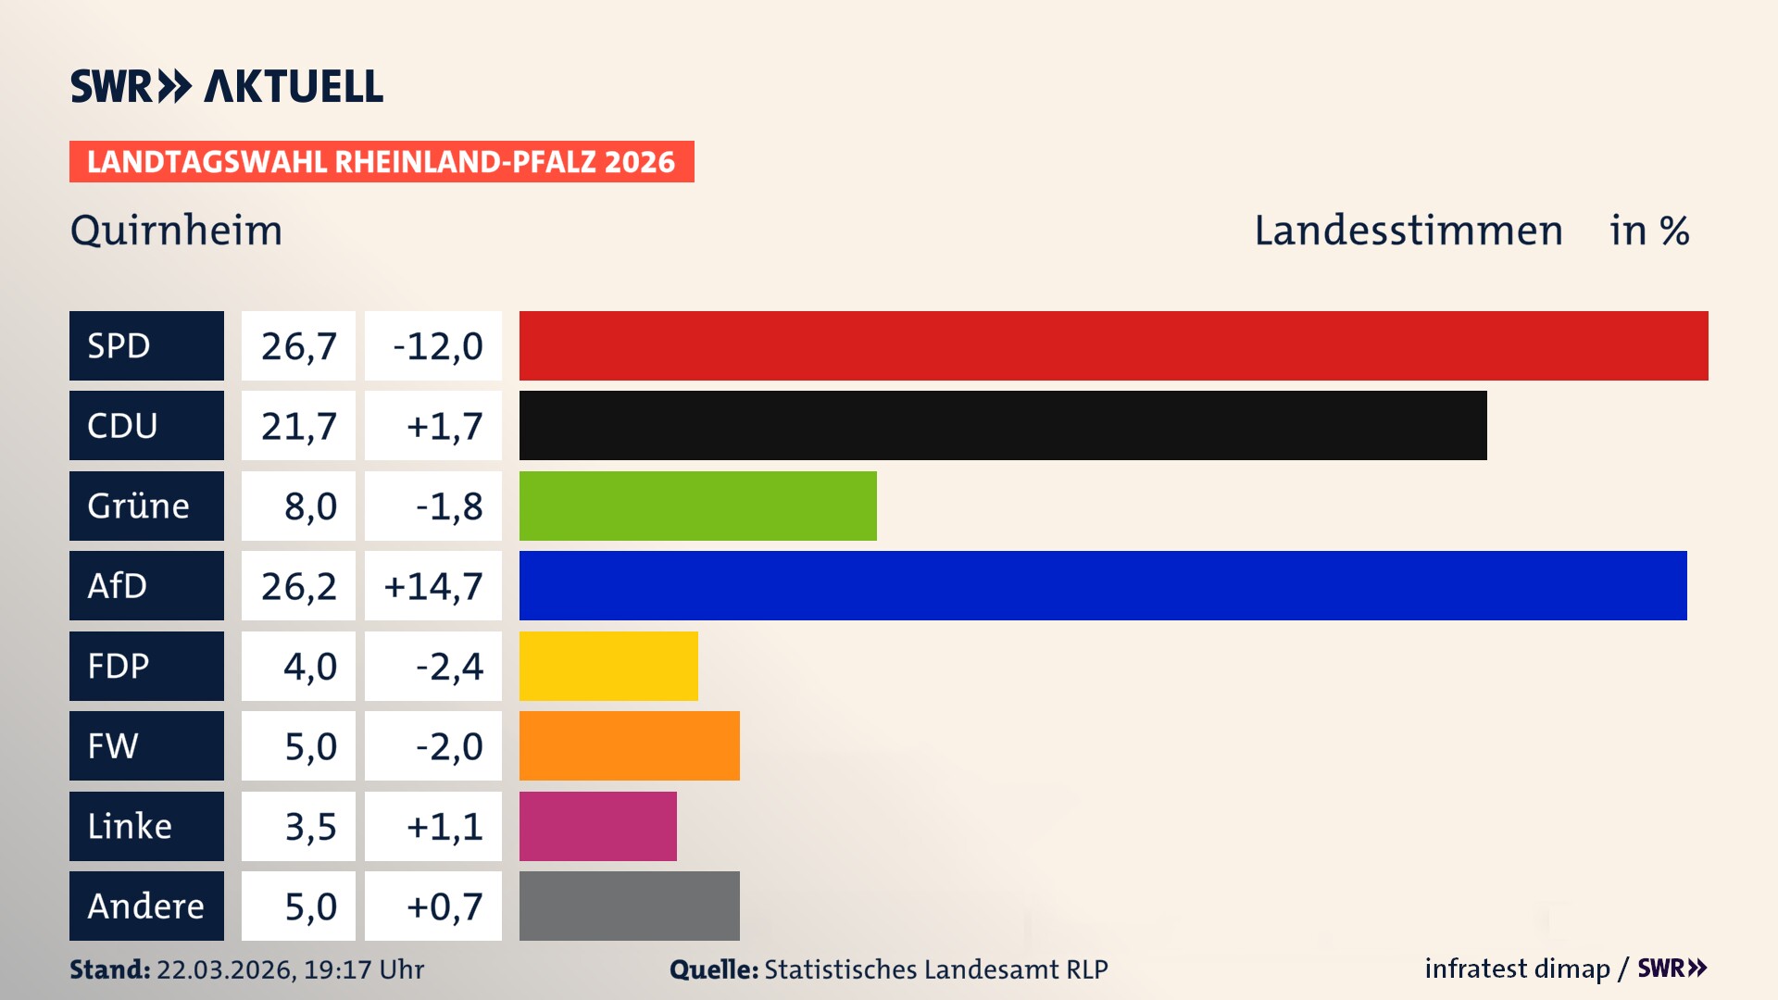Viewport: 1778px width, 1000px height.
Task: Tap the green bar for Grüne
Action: [x=697, y=506]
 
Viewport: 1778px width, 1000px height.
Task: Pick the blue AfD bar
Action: [x=1103, y=585]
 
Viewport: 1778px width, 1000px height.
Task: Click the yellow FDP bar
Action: [x=608, y=666]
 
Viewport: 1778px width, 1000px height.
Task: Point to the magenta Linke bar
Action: [x=597, y=826]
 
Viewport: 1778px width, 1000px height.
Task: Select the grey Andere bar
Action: [x=629, y=906]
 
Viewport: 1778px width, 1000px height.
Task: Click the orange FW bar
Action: [x=629, y=745]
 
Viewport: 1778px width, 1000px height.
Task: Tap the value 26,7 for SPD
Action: [x=298, y=346]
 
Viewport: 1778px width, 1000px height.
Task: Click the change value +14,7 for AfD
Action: [x=433, y=586]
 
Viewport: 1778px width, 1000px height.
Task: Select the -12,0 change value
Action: [x=437, y=346]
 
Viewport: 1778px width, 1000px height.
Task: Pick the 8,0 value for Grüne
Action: [x=310, y=506]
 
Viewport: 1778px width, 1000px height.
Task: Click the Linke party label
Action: [x=130, y=826]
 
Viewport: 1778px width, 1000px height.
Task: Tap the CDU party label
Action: [x=122, y=426]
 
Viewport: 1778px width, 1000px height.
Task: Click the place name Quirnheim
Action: [x=176, y=230]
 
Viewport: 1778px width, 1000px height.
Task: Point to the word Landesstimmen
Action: [x=1408, y=230]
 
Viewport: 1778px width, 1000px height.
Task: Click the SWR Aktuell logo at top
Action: [x=226, y=86]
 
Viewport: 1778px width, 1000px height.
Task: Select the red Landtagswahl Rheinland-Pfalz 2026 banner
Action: [x=381, y=161]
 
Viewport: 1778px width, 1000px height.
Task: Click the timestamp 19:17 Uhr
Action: [x=363, y=969]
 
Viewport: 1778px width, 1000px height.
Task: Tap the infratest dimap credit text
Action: [x=1516, y=969]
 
